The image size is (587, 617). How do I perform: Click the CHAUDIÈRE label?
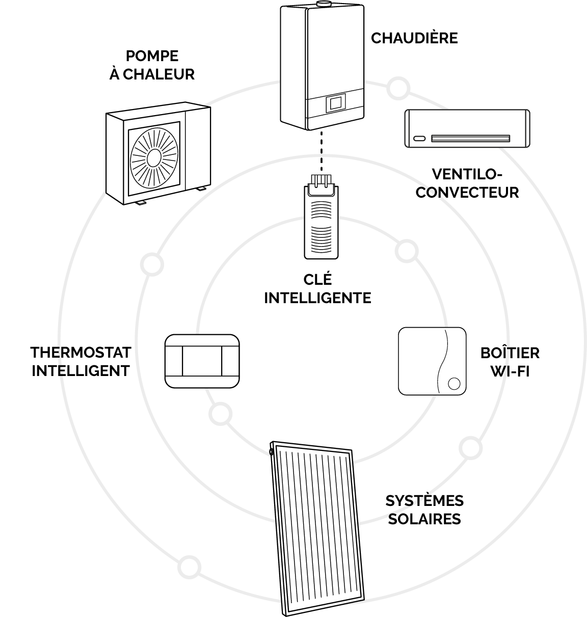[x=414, y=38]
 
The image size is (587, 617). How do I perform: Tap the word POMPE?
[x=152, y=56]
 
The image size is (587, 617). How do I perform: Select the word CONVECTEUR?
[x=467, y=193]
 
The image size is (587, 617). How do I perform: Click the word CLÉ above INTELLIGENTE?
[x=317, y=279]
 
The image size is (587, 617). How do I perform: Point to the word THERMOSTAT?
[x=81, y=353]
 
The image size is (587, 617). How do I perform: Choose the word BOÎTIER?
[x=510, y=353]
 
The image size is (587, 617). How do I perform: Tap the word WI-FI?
[x=510, y=371]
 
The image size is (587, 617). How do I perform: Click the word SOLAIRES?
[x=424, y=519]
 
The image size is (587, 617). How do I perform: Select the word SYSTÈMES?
[x=424, y=500]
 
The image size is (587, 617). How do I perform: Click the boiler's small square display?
[x=336, y=103]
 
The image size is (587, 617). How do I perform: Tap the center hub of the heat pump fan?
[x=154, y=158]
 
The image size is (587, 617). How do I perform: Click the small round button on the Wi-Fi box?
[x=454, y=384]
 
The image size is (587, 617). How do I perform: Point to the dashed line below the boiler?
[x=322, y=151]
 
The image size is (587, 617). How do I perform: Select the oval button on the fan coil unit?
[x=419, y=139]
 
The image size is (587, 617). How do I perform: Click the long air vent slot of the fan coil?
[x=470, y=139]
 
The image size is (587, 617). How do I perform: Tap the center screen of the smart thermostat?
[x=202, y=361]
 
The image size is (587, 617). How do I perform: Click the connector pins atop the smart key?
[x=321, y=181]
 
